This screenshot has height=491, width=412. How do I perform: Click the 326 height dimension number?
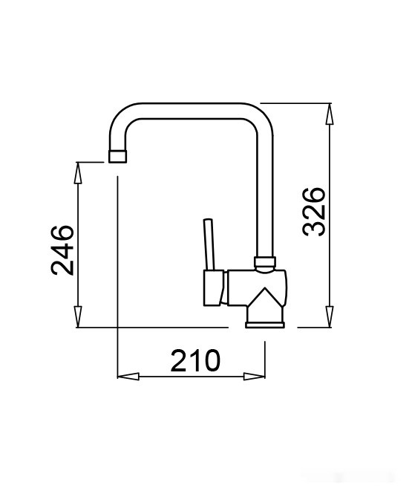pyautogui.click(x=314, y=212)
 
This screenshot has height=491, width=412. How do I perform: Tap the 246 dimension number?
pyautogui.click(x=62, y=250)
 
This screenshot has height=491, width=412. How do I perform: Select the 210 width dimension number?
pyautogui.click(x=195, y=360)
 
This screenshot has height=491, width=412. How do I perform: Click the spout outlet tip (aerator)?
pyautogui.click(x=117, y=156)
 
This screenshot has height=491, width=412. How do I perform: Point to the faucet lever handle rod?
pyautogui.click(x=209, y=244)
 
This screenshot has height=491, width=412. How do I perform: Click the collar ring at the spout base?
pyautogui.click(x=265, y=261)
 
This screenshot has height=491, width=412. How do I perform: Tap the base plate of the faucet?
pyautogui.click(x=265, y=325)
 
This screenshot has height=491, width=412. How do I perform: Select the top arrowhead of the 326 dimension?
pyautogui.click(x=329, y=114)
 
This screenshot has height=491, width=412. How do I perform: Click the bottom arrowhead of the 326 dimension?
pyautogui.click(x=329, y=316)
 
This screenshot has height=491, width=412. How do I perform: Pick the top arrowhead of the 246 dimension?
pyautogui.click(x=78, y=173)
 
